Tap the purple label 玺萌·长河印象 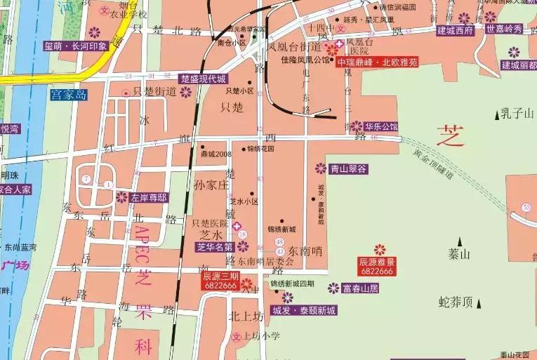76,46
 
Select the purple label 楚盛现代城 203,79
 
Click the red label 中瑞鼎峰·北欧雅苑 377,62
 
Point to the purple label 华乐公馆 381,127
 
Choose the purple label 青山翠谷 349,168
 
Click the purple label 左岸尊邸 148,198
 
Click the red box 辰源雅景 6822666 377,265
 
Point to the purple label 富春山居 361,288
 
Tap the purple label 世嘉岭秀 505,29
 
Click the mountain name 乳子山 517,113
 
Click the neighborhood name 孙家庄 211,185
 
